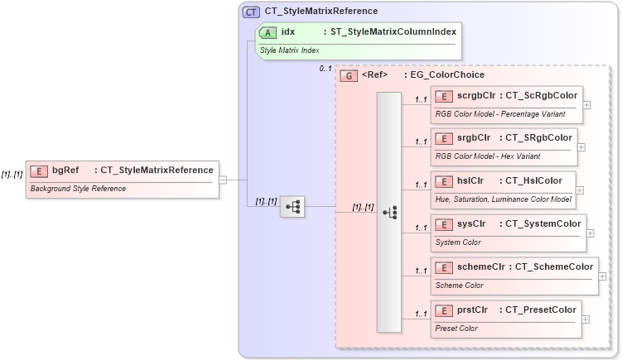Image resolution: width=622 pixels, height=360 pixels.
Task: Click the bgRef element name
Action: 65,170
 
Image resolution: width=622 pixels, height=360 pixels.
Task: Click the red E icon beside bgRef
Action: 38,170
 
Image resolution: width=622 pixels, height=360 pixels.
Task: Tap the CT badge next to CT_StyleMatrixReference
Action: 251,12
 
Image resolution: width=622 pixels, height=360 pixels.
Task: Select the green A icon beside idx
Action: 268,32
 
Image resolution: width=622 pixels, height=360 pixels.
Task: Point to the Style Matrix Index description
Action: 290,50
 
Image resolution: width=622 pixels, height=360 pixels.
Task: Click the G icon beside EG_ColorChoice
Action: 350,74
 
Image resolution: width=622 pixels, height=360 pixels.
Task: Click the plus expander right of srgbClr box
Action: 581,147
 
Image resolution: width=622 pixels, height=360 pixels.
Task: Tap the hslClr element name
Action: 472,180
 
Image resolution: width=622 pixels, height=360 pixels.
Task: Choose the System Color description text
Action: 458,242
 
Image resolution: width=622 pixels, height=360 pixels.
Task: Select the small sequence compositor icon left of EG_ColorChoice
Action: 292,207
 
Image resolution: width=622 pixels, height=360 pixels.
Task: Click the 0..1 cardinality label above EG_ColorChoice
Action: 325,69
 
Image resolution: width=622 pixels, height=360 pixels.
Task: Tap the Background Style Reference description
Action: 78,189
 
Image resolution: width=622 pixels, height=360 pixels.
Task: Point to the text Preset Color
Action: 456,329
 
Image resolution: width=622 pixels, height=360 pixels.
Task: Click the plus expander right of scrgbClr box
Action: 587,105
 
